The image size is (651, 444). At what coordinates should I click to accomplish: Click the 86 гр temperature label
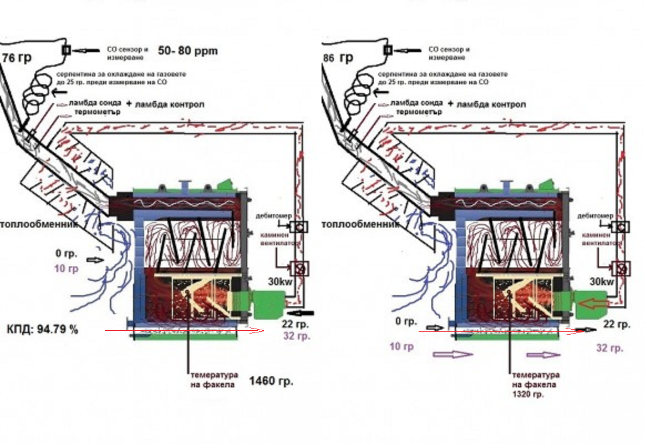pos(338,58)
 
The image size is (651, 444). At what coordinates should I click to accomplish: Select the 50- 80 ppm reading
pos(187,51)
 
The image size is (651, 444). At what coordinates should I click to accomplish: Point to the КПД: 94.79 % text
pos(43,329)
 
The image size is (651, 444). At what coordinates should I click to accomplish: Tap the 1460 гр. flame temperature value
pos(271,381)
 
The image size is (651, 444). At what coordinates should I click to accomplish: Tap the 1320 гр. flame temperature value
pos(527,395)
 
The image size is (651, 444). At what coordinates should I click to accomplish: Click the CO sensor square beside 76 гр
pos(66,50)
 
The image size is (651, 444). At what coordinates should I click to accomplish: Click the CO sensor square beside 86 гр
pos(388,50)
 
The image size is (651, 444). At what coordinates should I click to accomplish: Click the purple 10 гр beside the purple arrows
pos(402,347)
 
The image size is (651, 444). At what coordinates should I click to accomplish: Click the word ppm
pos(206,51)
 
